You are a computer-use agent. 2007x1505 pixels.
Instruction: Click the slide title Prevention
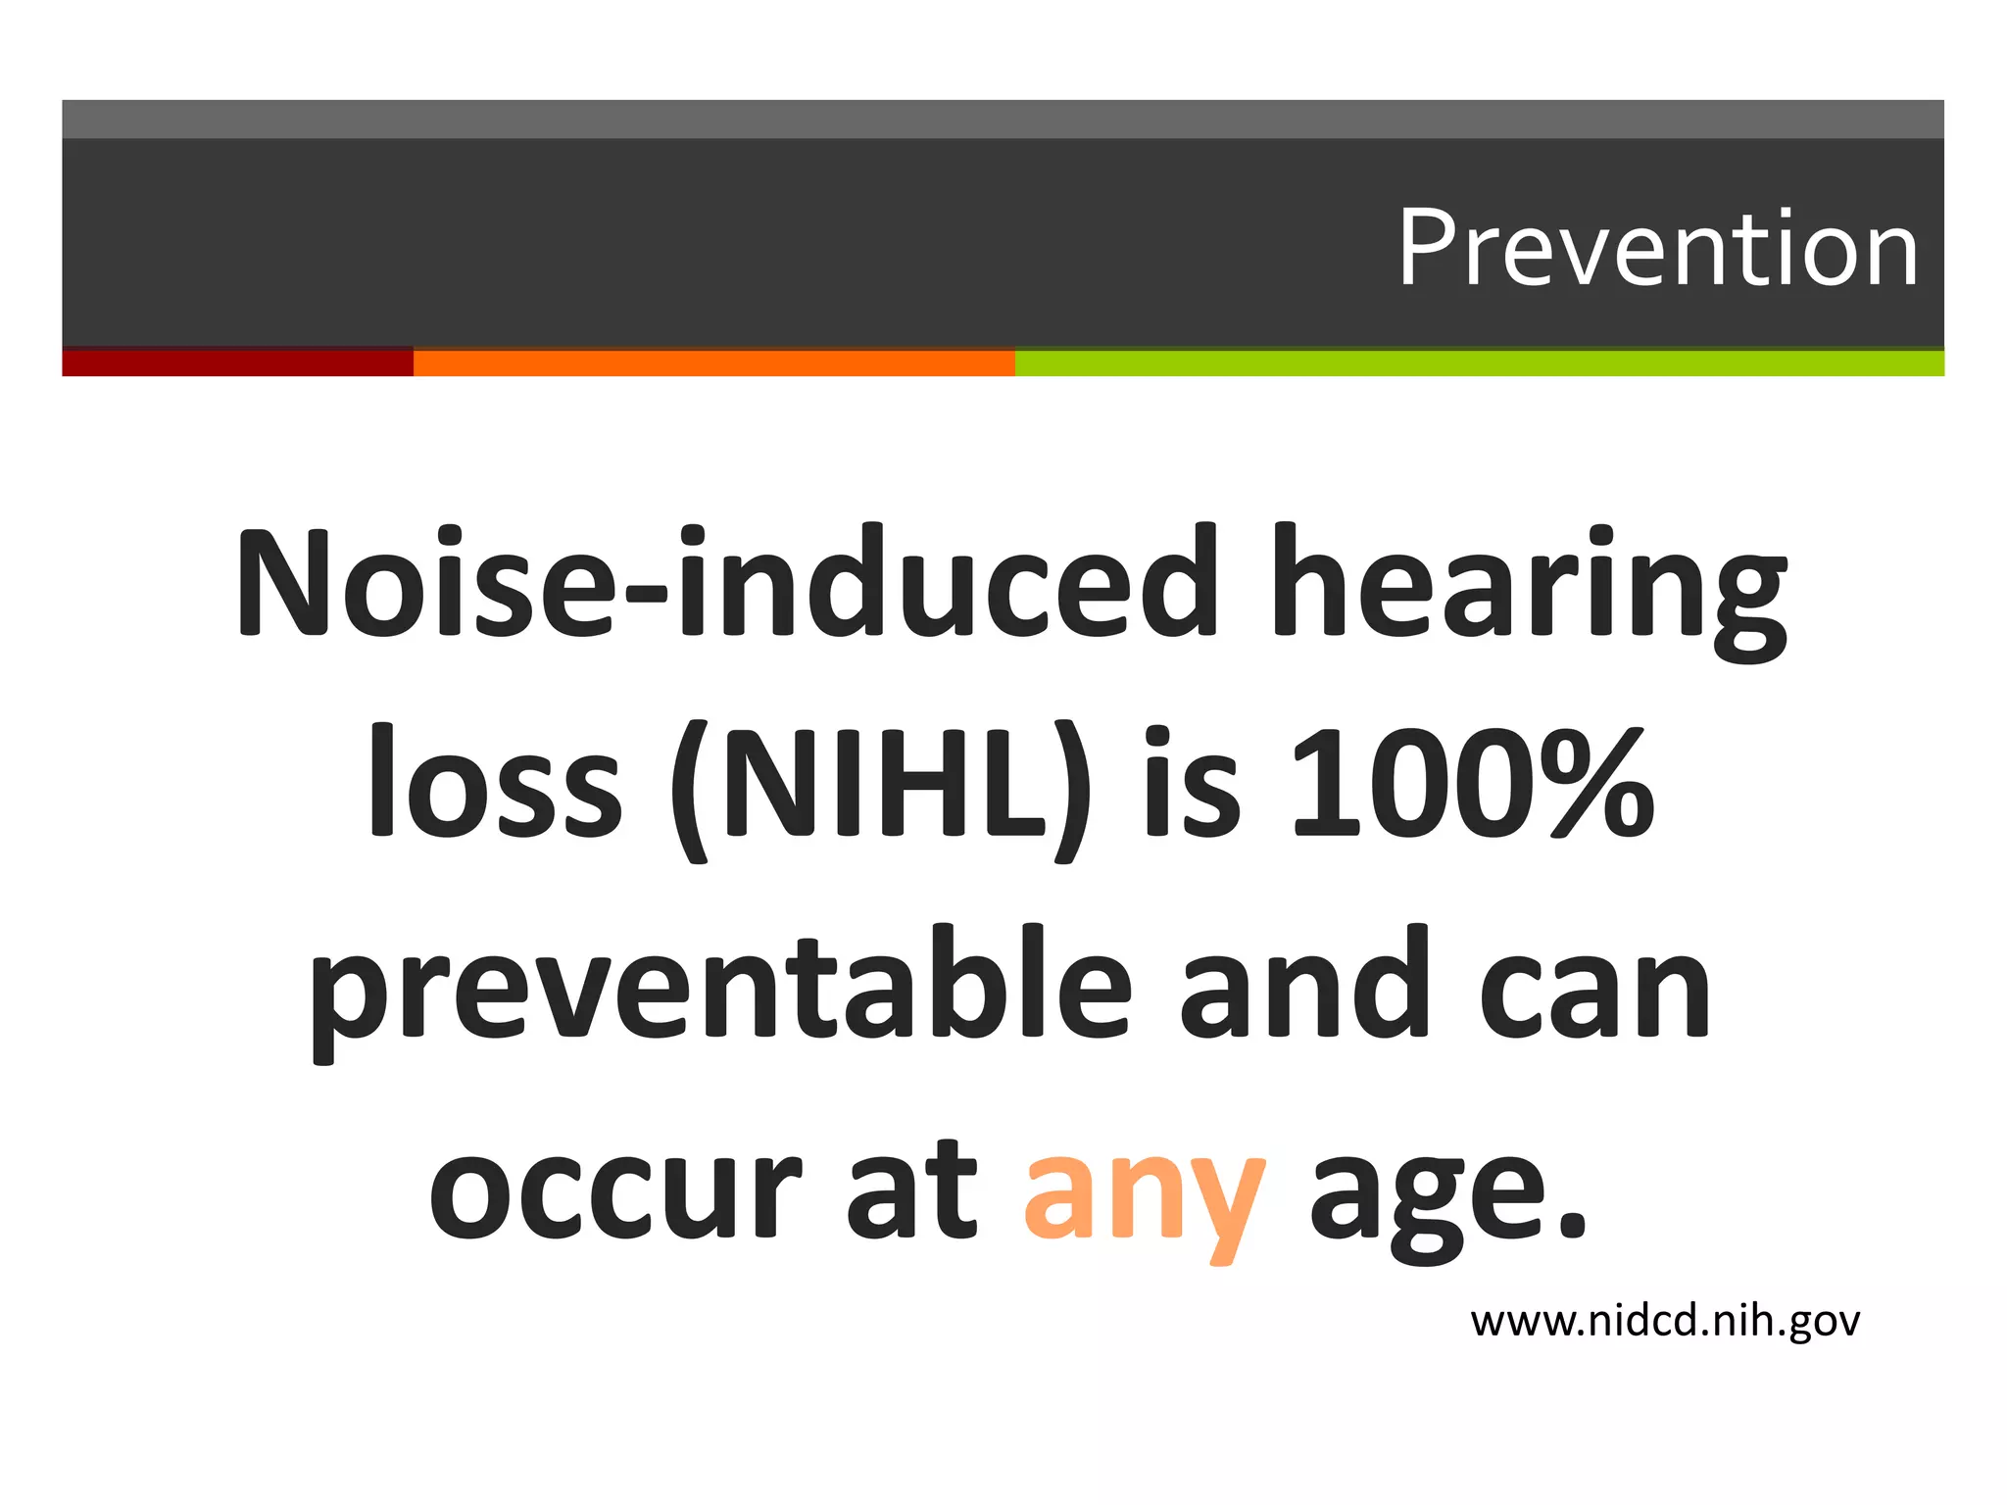[x=1656, y=250]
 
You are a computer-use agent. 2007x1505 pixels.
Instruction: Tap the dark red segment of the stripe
[x=237, y=363]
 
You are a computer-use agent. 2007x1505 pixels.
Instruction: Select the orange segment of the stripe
[x=713, y=363]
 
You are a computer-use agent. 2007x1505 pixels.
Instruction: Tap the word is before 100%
[x=1191, y=784]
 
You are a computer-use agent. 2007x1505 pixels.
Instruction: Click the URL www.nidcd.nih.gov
[x=1665, y=1322]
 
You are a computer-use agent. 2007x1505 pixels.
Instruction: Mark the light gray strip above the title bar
[x=1003, y=119]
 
